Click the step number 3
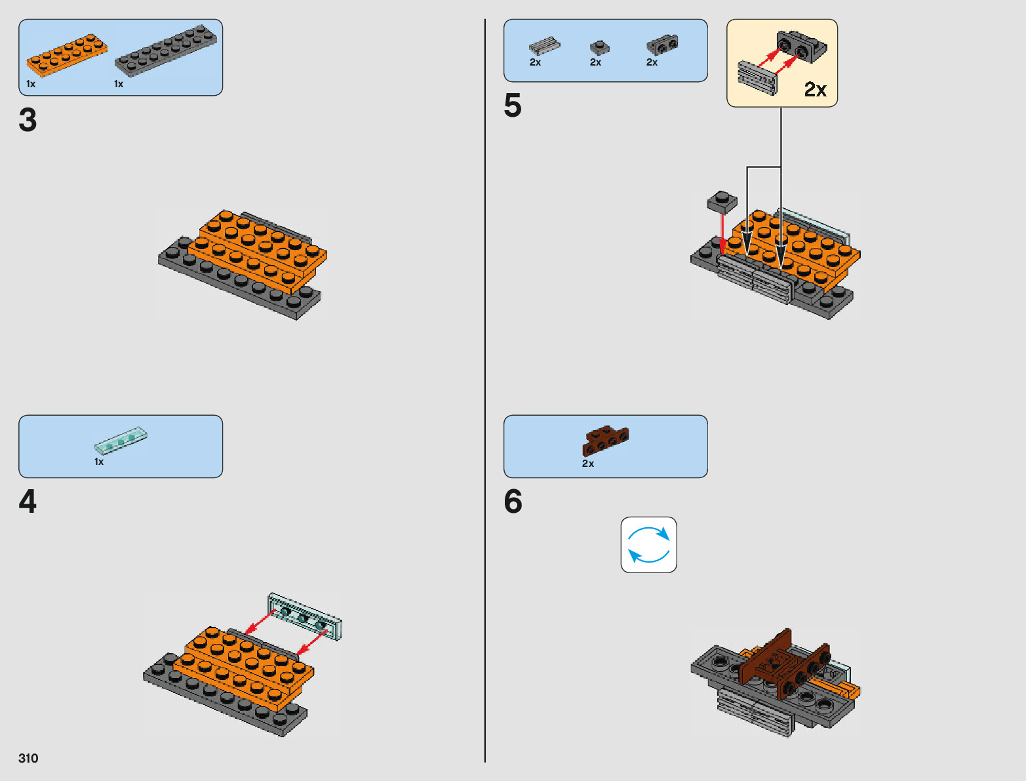pos(28,120)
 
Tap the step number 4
pos(28,502)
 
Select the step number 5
pos(513,106)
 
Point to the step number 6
pos(513,502)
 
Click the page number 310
pos(28,758)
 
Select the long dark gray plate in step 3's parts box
pos(166,50)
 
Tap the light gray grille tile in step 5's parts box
pos(544,46)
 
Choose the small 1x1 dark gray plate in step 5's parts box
pos(599,47)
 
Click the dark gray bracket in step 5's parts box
pos(662,45)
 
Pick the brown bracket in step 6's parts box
pos(605,440)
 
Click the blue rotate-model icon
pos(648,545)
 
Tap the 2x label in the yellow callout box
pos(815,89)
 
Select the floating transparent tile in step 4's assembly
pos(305,616)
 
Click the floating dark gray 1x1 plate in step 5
pos(722,201)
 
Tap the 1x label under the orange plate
pos(31,84)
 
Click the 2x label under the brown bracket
pos(588,464)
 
